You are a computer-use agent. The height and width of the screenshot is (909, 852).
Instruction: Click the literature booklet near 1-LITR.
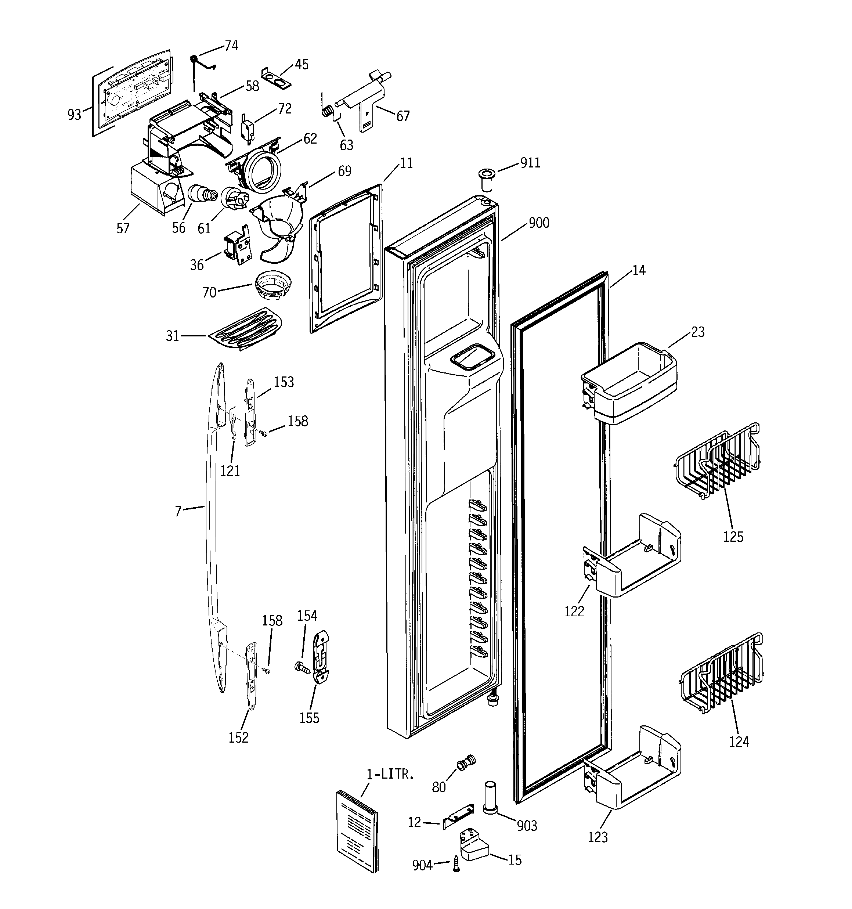point(358,830)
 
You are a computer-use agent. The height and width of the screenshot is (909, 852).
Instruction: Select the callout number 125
point(733,536)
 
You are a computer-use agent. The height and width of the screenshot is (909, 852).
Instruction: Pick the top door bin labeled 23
point(629,382)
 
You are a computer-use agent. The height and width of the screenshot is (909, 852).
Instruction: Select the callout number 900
point(539,223)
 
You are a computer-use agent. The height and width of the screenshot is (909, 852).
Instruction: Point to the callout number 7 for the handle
point(178,511)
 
